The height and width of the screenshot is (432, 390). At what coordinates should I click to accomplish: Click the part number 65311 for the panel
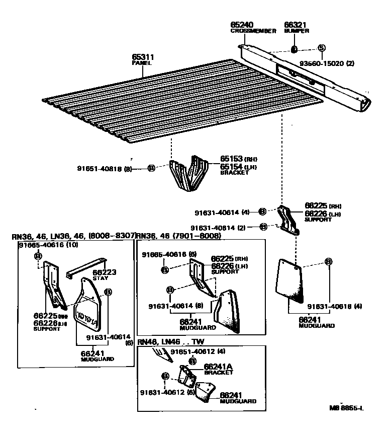(x=143, y=57)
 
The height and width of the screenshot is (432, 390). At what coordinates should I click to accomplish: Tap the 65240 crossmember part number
(x=242, y=24)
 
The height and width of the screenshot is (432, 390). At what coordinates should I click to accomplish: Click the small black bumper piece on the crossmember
(x=295, y=49)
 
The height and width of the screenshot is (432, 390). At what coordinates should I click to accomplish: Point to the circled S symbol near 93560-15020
(x=321, y=48)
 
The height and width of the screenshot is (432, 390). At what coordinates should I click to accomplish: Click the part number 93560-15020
(x=325, y=64)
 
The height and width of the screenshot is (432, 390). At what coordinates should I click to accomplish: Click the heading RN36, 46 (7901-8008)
(x=178, y=236)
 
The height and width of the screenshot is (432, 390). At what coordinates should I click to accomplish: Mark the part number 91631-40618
(x=329, y=306)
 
